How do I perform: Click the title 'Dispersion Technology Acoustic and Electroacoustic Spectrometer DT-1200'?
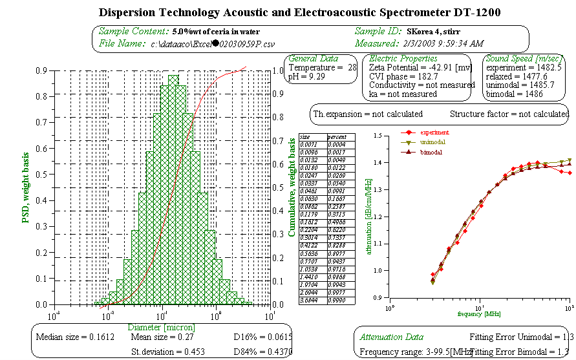click(x=288, y=12)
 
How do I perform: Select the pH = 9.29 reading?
click(x=306, y=76)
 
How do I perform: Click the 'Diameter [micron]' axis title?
click(x=162, y=328)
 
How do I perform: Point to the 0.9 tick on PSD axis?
click(x=41, y=71)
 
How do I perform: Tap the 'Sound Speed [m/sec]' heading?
click(x=522, y=58)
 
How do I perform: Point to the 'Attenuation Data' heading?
click(x=392, y=337)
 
